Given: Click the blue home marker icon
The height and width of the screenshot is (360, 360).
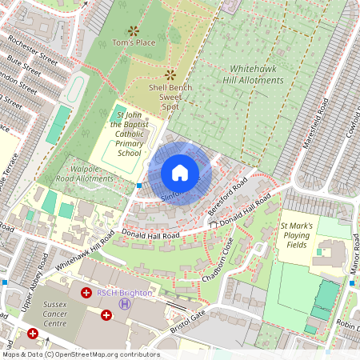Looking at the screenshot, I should (x=180, y=173).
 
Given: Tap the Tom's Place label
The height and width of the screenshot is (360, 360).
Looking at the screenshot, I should (x=134, y=42).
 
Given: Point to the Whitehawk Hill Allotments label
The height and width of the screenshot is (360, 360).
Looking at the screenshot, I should (x=256, y=75).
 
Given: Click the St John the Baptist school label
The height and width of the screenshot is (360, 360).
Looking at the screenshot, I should (x=129, y=135).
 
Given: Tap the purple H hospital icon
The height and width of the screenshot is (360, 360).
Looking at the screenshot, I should (x=124, y=304).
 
